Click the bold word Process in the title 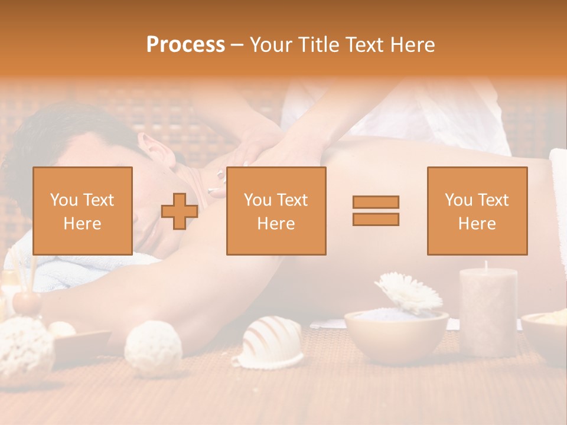(x=185, y=45)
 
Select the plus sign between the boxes (x=180, y=211)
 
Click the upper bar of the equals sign (x=376, y=202)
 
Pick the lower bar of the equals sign (x=376, y=220)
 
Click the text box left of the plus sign (x=83, y=211)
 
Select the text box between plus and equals (x=276, y=211)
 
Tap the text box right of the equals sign (x=477, y=211)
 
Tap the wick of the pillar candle (x=485, y=264)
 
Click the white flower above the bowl (x=409, y=292)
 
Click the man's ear (x=156, y=150)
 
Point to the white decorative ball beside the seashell (x=153, y=348)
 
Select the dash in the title (x=236, y=45)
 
